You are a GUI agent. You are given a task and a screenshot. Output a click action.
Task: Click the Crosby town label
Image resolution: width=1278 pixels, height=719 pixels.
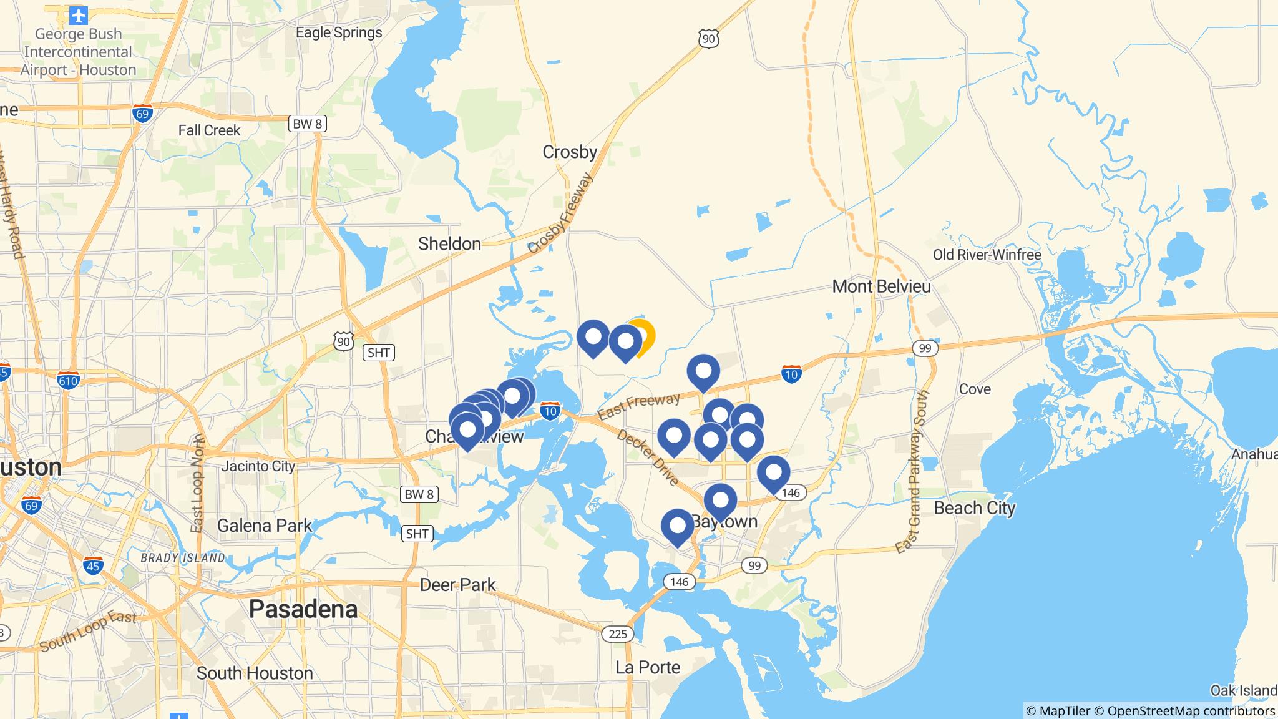click(569, 152)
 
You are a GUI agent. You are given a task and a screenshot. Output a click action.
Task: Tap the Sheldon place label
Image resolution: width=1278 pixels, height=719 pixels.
click(449, 243)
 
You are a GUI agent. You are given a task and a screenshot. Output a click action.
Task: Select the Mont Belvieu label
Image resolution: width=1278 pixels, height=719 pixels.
click(881, 286)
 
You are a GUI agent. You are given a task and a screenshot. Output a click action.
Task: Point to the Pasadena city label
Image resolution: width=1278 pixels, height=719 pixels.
click(303, 609)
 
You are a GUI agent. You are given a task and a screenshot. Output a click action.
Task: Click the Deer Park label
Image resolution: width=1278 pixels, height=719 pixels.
click(457, 585)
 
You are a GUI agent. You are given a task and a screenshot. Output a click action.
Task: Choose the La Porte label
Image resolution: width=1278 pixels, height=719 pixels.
click(648, 667)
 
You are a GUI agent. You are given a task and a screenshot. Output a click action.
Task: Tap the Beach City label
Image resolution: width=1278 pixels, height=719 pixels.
click(974, 508)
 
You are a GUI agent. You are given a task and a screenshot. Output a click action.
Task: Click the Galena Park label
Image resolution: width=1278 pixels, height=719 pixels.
click(264, 526)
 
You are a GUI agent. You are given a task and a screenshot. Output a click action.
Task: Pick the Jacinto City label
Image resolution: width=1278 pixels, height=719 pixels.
click(258, 466)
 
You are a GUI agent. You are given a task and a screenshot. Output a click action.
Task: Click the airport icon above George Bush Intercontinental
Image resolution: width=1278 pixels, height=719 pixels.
click(79, 14)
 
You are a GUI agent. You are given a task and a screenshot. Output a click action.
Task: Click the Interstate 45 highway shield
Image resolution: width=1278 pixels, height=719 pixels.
click(93, 566)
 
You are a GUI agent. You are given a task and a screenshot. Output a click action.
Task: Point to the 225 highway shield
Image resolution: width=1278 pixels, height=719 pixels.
click(617, 634)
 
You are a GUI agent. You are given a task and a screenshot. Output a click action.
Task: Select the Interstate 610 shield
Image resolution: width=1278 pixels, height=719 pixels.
click(68, 380)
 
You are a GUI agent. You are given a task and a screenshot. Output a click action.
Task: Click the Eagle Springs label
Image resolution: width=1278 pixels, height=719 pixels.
click(339, 32)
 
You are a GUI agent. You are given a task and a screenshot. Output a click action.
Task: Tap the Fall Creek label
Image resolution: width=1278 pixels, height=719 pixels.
click(209, 130)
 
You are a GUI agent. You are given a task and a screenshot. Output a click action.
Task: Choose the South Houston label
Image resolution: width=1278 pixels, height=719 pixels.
click(255, 673)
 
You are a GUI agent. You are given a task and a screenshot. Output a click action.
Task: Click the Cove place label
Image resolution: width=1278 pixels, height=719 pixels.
click(975, 389)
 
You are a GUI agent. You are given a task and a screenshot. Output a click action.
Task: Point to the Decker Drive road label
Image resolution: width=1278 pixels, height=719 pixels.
click(648, 457)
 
